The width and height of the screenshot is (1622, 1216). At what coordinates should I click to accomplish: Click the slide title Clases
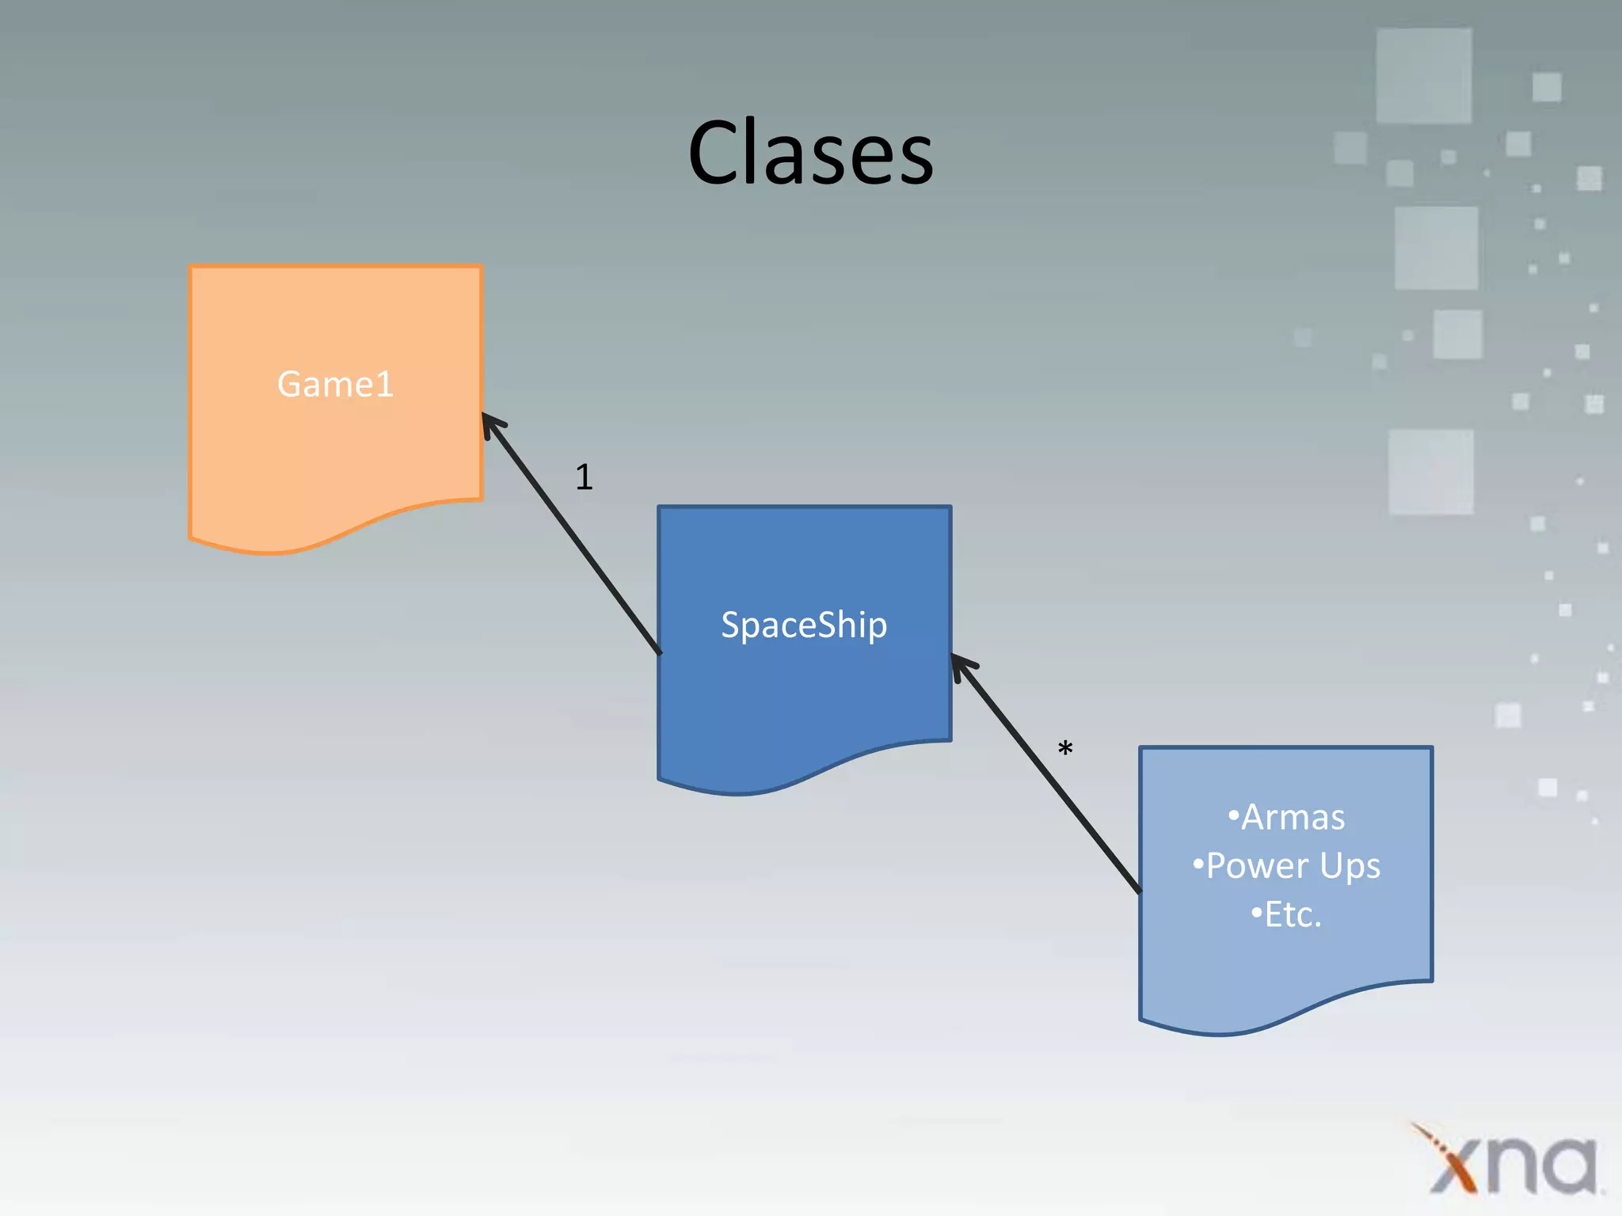point(811,152)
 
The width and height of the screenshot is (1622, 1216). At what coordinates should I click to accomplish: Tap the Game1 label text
point(335,385)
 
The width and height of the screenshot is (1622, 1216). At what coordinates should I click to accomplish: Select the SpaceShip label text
point(804,625)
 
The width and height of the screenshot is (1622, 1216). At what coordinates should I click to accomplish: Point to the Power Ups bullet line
point(1287,866)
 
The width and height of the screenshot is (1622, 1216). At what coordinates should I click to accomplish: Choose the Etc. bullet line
point(1287,915)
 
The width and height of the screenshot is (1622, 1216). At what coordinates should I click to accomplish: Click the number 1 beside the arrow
point(584,477)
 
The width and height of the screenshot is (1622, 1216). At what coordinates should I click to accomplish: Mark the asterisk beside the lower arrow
point(1065,747)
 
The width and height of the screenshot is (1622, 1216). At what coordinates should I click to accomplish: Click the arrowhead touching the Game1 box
point(491,424)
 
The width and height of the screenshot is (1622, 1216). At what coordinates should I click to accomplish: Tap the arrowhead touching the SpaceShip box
point(961,665)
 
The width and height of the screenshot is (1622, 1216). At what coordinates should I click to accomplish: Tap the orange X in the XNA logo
point(1453,1160)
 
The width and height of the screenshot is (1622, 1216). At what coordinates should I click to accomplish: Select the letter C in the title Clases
point(714,152)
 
